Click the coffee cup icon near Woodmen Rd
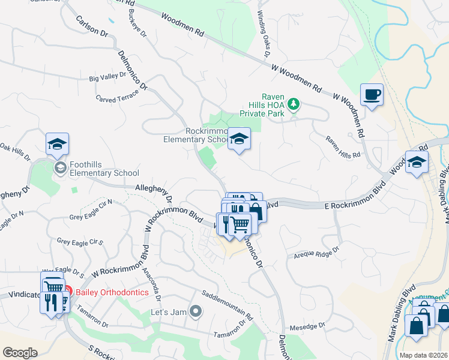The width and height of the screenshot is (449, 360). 372,95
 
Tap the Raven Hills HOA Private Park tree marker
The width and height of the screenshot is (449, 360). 293,105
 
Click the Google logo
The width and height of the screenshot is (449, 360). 20,353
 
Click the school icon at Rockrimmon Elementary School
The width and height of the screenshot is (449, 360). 239,139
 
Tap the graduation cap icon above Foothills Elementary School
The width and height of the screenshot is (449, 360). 57,144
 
